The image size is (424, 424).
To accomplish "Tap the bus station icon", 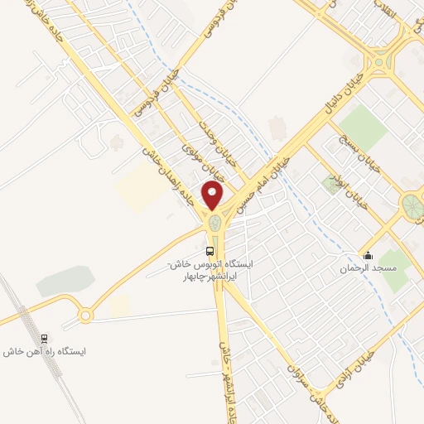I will pyautogui.click(x=210, y=249).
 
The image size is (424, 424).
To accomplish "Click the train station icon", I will pyautogui.click(x=45, y=338).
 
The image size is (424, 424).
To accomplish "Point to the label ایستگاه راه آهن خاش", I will pyautogui.click(x=45, y=351).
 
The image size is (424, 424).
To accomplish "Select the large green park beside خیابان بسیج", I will pyautogui.click(x=357, y=124).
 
